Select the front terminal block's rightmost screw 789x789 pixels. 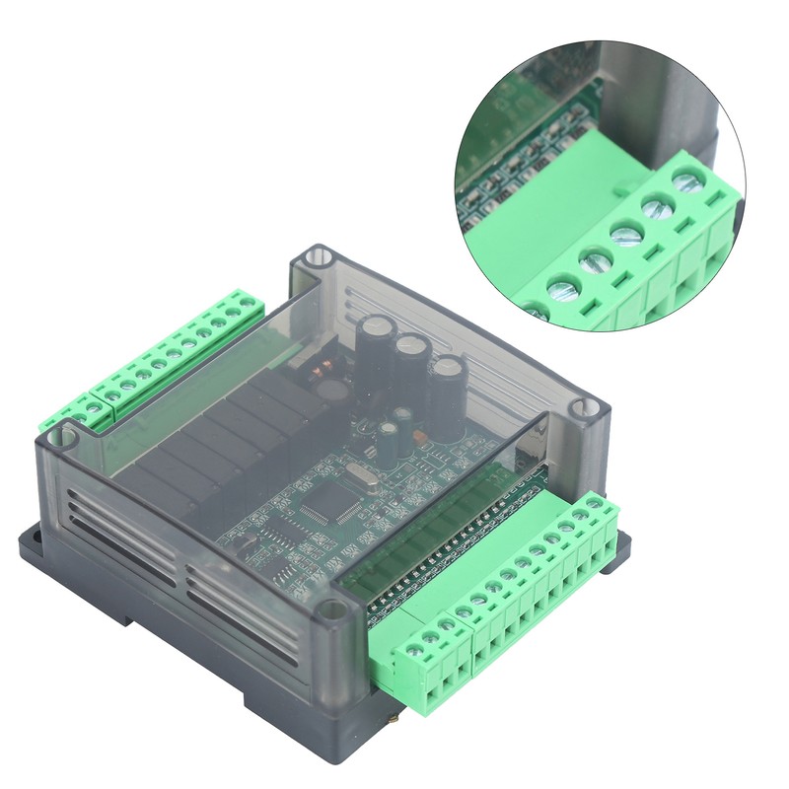coord(595,505)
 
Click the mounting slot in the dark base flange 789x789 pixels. coord(30,538)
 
